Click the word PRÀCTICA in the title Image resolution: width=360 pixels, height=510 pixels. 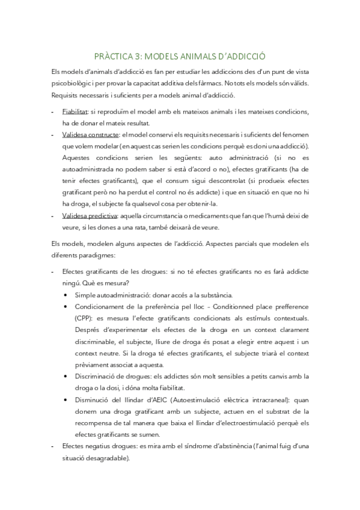pyautogui.click(x=114, y=55)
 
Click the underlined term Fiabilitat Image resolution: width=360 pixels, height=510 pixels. pyautogui.click(x=75, y=112)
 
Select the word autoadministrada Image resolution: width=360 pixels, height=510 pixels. pyautogui.click(x=90, y=169)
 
